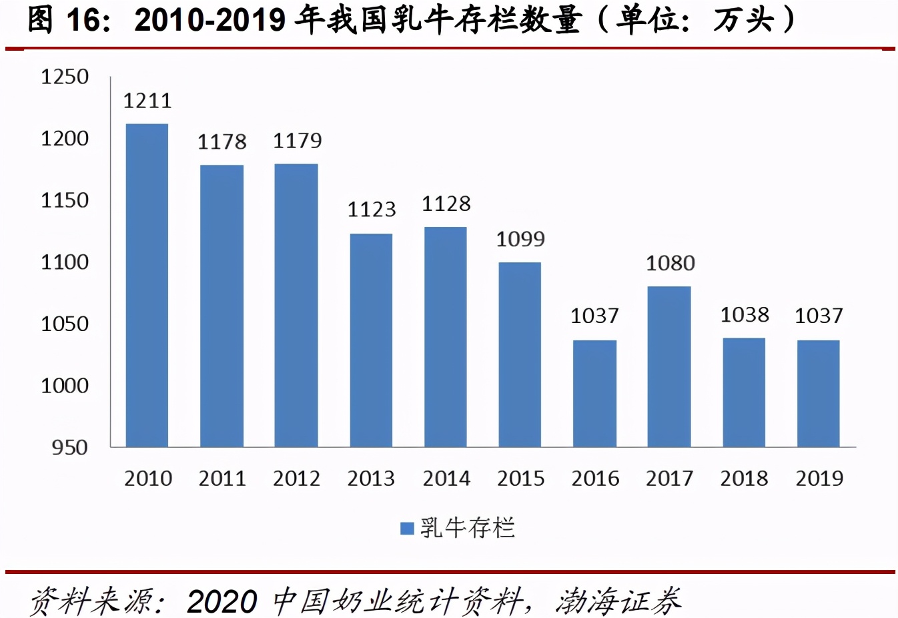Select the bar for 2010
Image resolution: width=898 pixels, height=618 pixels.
pos(147,285)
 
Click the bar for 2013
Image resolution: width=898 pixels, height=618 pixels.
pos(371,340)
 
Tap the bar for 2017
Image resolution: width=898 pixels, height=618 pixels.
pos(669,366)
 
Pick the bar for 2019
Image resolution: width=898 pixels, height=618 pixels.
pos(818,393)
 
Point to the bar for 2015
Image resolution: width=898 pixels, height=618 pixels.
pos(520,354)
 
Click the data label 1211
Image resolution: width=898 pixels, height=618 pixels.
pos(147,101)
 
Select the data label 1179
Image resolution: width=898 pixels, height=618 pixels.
pos(297,141)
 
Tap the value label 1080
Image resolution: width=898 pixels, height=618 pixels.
pos(670,264)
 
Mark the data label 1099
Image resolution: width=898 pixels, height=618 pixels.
pos(520,239)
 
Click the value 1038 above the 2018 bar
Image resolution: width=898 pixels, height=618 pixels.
pos(745,314)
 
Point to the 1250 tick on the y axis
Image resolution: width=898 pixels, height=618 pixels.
pos(65,77)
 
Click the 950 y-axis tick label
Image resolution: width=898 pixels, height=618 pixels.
pos(69,447)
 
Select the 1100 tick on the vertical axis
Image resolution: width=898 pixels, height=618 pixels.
pos(65,262)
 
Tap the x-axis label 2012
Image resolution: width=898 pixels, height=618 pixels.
pos(297,479)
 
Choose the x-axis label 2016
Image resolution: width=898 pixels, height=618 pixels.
pos(595,479)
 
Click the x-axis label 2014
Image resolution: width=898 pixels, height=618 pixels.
pos(446,479)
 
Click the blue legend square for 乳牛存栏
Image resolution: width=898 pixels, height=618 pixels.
pos(407,529)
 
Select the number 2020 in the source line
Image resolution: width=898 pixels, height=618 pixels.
pos(221,601)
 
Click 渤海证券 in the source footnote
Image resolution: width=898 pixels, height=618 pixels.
pos(618,601)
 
